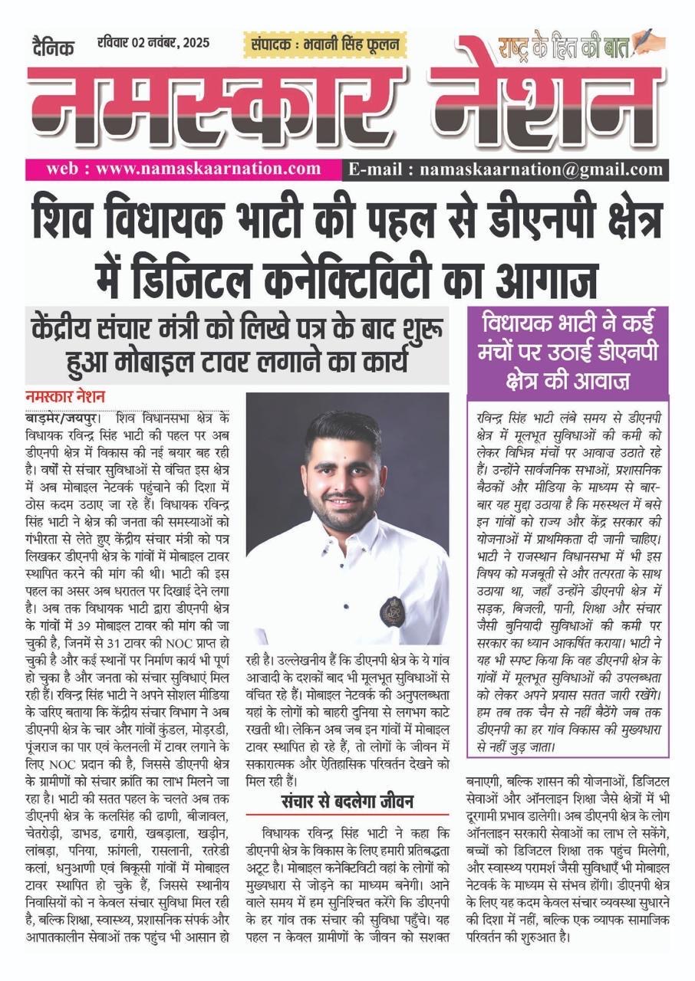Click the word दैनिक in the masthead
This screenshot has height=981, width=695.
click(x=53, y=47)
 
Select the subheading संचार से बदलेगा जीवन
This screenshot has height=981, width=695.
click(x=347, y=802)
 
